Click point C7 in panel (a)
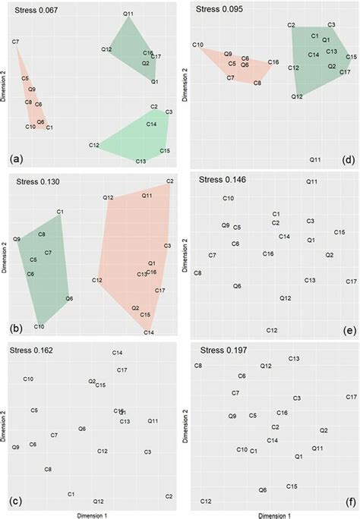coord(15,41)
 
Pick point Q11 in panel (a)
coord(128,14)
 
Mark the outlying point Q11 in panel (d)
coord(315,159)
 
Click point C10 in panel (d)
coord(197,46)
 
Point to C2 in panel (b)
coord(169,181)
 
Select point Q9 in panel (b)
coord(17,239)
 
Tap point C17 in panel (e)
coord(350,282)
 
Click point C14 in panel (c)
coord(118,353)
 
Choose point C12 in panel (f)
coord(205,502)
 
